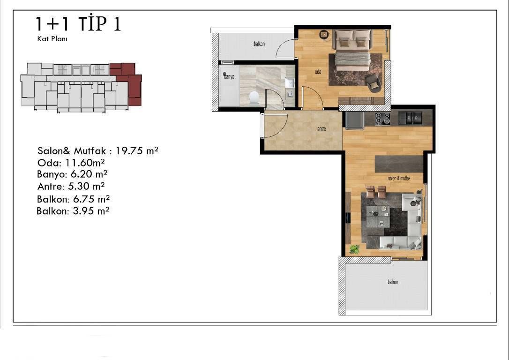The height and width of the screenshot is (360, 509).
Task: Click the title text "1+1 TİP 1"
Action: (x=78, y=24)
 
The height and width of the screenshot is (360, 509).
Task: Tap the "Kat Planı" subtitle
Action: (x=52, y=39)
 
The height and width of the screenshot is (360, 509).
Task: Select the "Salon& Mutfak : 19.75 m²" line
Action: (x=97, y=150)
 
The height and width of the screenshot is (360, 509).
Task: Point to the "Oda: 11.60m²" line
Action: (x=71, y=162)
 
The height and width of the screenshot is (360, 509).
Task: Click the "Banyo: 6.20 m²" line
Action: (x=72, y=174)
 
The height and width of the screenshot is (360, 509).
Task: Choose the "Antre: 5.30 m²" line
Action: (x=71, y=187)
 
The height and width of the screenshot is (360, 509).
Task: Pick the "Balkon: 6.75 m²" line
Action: (x=73, y=199)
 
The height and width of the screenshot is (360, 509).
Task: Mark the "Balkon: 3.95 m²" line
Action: (x=73, y=211)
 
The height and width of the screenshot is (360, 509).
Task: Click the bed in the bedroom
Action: (x=352, y=50)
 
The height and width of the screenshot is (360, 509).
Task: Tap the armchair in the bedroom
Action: (x=373, y=83)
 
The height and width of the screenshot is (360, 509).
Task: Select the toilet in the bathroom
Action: (x=254, y=98)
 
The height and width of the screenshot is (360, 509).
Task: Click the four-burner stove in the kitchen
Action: (x=383, y=119)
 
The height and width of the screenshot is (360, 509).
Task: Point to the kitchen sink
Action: (x=410, y=118)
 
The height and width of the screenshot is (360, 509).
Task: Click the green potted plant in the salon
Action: (x=354, y=249)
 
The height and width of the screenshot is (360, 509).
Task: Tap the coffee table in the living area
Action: (x=377, y=217)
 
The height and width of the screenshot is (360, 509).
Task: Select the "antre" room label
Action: (x=322, y=129)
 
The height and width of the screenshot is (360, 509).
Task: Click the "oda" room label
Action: (x=318, y=72)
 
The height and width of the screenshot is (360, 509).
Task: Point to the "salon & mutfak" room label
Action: (x=399, y=178)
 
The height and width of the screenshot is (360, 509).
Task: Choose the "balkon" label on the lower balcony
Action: (x=392, y=282)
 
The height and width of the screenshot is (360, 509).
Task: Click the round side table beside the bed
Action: (x=324, y=34)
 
